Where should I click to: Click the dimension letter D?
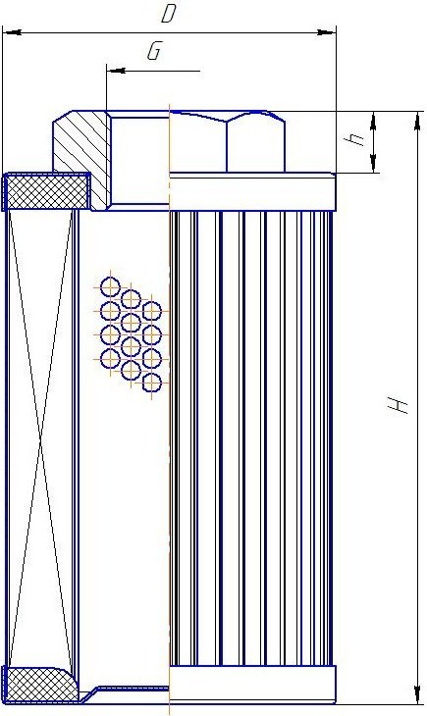point(168,14)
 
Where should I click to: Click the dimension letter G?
point(154,51)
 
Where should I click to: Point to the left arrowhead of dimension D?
point(12,32)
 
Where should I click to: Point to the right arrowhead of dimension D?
point(327,32)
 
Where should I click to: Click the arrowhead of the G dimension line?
point(116,71)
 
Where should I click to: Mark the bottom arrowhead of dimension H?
point(417,694)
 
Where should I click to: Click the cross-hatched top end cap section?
point(47,191)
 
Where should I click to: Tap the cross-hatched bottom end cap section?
point(41,684)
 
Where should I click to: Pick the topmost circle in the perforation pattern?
point(110,286)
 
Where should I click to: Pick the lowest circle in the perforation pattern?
point(152,383)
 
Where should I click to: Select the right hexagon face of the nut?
point(255,142)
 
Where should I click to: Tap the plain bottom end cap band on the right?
point(252,684)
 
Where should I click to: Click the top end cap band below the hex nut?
point(252,192)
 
